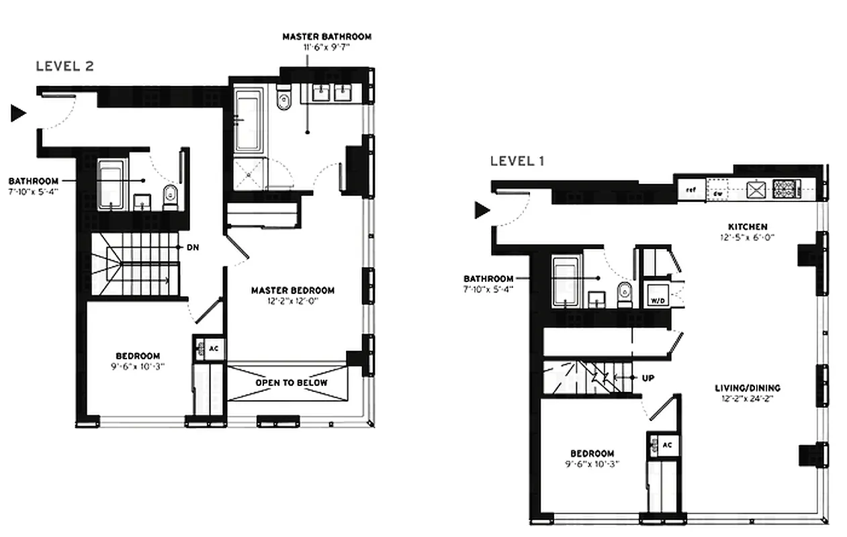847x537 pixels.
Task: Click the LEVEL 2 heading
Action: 64,66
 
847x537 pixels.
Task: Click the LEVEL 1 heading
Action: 517,160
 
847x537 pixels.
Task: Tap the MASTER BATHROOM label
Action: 326,37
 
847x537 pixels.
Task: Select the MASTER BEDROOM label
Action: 293,291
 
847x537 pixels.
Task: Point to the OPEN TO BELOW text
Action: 292,383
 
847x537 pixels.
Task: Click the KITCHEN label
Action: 748,227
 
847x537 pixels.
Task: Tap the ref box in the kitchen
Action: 690,190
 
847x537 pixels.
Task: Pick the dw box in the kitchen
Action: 718,191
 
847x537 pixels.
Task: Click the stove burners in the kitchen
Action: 783,188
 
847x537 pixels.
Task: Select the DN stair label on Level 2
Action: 193,247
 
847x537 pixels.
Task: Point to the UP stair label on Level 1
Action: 648,378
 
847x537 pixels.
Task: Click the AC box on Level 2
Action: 214,348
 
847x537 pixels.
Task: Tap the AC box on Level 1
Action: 666,444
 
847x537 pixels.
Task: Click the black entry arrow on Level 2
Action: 18,113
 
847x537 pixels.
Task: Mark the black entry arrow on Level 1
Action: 482,211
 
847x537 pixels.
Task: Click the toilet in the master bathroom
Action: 284,100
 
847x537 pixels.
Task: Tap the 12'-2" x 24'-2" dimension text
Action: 748,399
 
